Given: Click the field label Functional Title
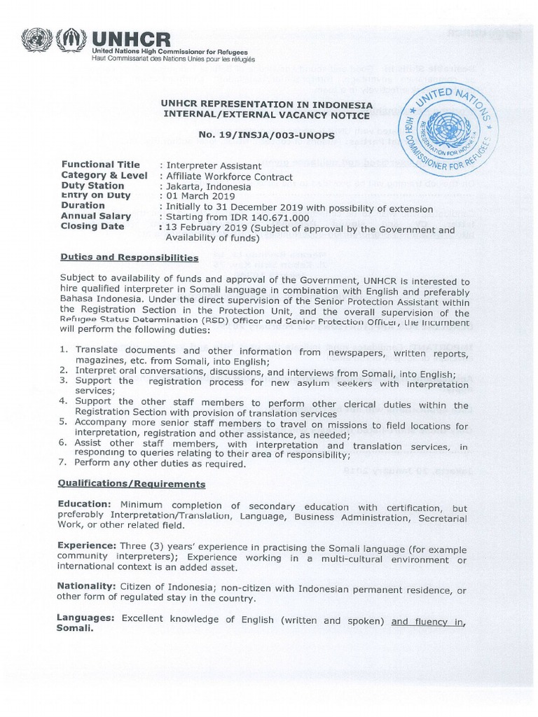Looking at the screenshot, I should tap(100, 165).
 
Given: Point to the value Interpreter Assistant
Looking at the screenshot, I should tap(212, 165).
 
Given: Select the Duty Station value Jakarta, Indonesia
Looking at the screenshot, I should tap(207, 187).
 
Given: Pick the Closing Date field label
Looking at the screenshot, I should tap(92, 226).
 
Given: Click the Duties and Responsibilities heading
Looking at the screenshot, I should tap(130, 258).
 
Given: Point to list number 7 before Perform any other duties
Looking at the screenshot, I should tap(63, 464).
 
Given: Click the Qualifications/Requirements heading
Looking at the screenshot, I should tap(132, 484).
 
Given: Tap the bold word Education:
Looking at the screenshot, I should tap(84, 505).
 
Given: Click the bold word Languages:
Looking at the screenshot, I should tap(85, 619).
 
